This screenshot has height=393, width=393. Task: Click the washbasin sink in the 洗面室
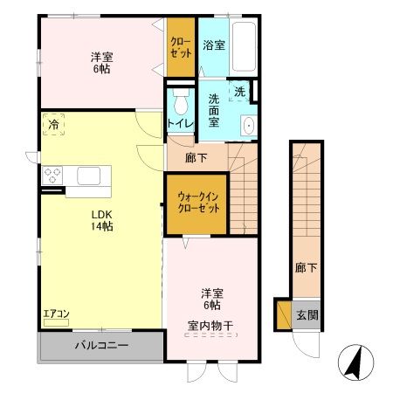pos(247,125)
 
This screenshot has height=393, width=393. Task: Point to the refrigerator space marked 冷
pos(54,125)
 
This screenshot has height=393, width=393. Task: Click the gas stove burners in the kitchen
pos(52,174)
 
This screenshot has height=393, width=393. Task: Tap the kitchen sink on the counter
pos(91,176)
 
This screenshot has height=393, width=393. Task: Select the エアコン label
pos(56,314)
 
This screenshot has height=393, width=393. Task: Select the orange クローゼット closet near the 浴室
pos(181,46)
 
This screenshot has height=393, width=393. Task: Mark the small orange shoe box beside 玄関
pos(283,314)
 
